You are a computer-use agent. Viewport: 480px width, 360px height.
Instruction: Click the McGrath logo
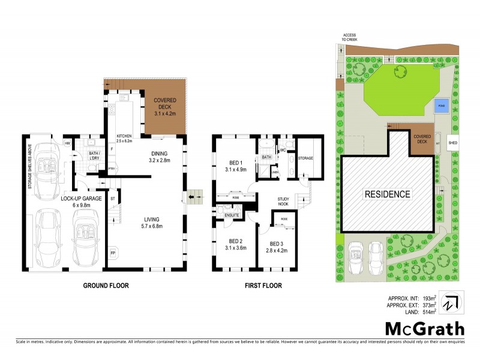(x=424, y=328)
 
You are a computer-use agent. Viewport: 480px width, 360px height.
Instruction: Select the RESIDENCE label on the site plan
(x=388, y=194)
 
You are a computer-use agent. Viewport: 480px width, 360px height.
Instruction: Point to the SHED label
(x=453, y=143)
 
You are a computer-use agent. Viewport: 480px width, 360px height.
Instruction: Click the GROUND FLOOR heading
(x=105, y=286)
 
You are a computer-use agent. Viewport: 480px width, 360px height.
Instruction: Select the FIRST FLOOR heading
(x=262, y=286)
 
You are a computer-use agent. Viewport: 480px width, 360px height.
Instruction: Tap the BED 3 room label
(x=276, y=247)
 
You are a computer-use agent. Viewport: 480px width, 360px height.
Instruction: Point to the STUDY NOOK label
(x=284, y=202)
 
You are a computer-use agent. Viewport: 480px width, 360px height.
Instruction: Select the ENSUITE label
(x=232, y=214)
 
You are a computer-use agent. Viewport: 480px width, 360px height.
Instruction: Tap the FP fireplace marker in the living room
(x=113, y=253)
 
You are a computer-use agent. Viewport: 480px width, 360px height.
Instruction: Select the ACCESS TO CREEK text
(x=349, y=37)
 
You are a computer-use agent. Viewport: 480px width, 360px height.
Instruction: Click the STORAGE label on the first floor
(x=306, y=158)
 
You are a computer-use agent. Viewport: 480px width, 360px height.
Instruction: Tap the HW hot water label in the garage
(x=68, y=143)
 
